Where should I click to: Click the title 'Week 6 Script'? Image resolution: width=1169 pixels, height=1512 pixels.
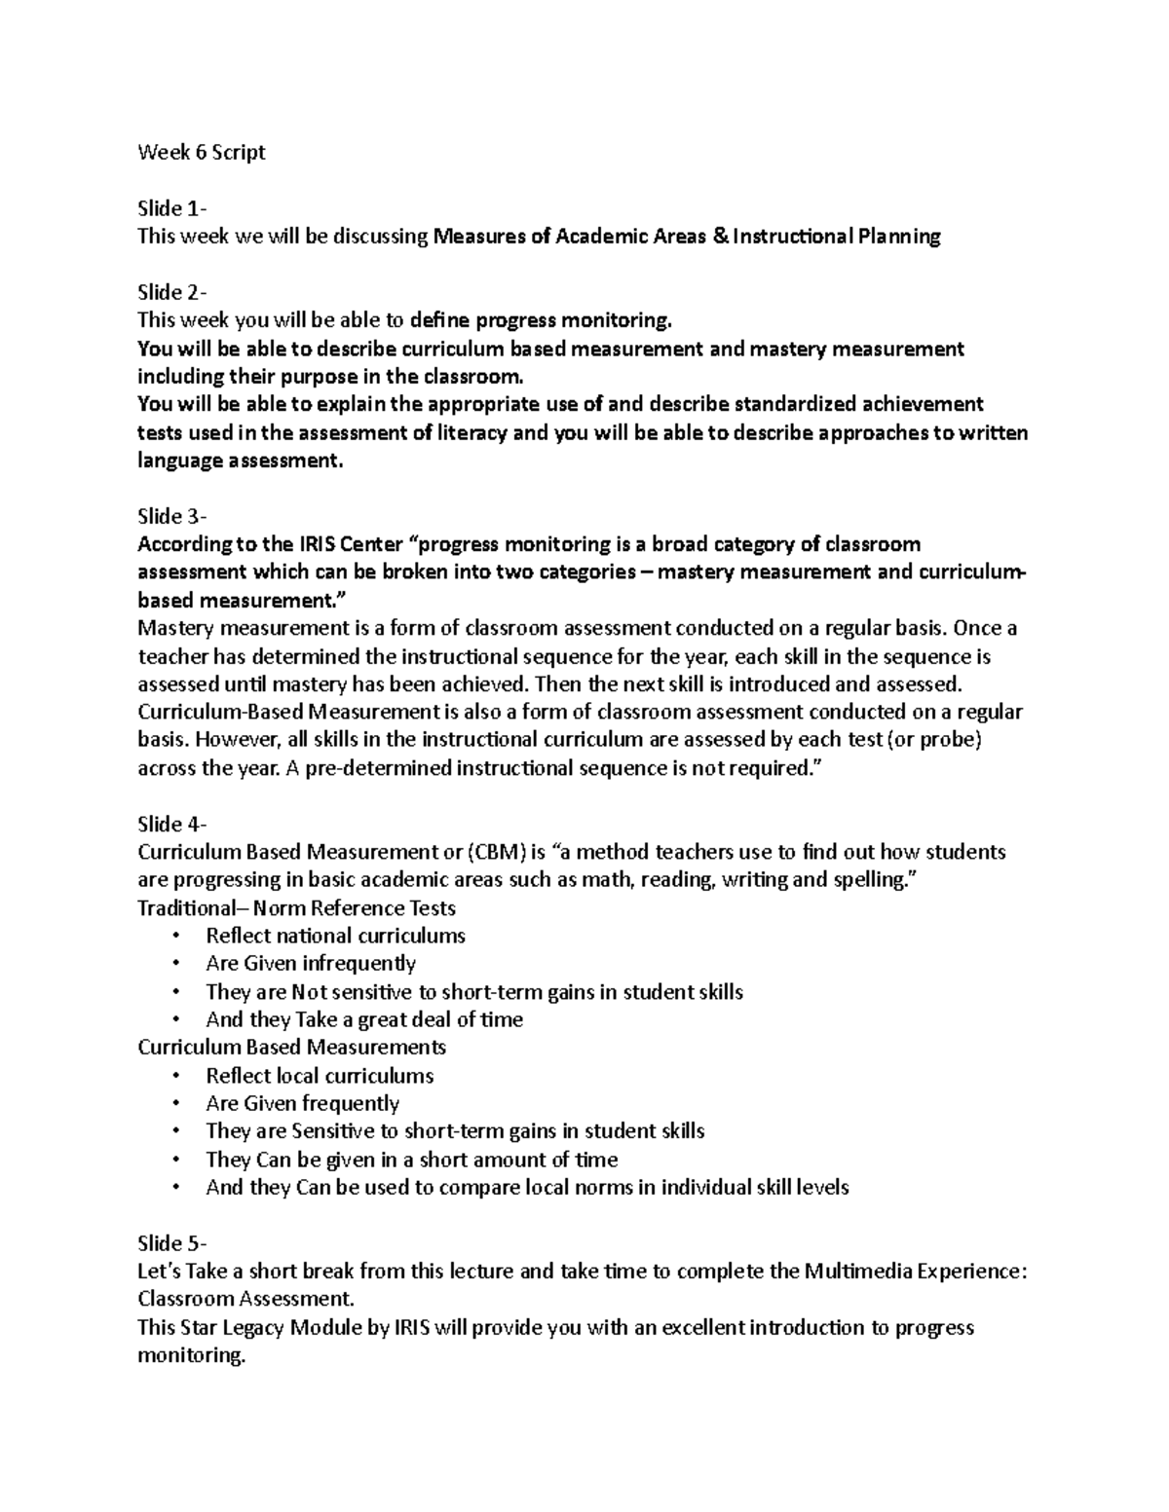[x=201, y=153]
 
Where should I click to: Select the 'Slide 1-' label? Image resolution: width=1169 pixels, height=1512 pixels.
[x=172, y=208]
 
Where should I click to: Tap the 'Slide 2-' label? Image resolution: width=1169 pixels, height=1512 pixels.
[x=172, y=292]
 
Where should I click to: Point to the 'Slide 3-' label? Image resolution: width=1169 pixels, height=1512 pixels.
[x=172, y=516]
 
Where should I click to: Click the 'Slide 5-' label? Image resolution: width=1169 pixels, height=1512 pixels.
[x=172, y=1243]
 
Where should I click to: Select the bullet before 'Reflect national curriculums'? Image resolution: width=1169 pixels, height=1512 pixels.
[x=175, y=937]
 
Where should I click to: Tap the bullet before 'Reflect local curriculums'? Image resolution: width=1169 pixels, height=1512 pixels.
[x=175, y=1077]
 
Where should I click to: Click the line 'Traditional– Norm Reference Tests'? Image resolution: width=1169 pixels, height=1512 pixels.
[x=296, y=908]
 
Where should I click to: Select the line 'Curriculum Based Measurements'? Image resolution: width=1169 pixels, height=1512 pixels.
[x=291, y=1048]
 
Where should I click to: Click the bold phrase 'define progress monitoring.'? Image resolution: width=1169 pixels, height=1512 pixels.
[x=541, y=320]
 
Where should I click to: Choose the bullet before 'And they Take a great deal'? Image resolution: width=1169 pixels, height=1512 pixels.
[x=175, y=1020]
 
